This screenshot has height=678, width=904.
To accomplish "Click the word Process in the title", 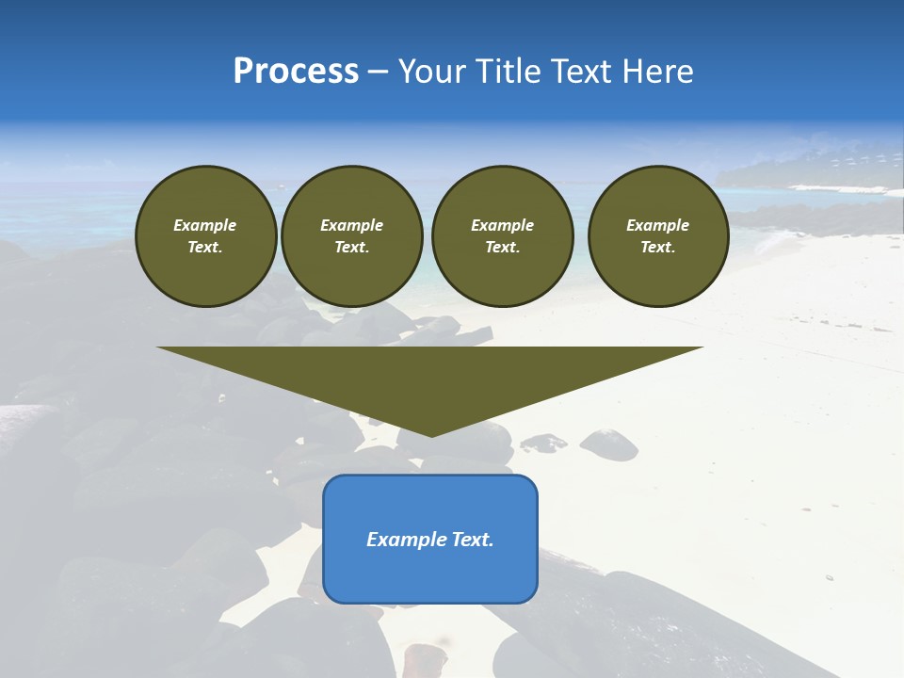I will pyautogui.click(x=296, y=72).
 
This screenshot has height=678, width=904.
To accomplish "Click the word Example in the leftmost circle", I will pyautogui.click(x=205, y=225).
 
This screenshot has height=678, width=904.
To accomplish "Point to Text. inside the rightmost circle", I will pyautogui.click(x=657, y=247).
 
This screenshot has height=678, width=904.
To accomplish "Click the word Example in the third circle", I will pyautogui.click(x=502, y=225).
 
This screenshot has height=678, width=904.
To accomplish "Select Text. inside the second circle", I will pyautogui.click(x=351, y=247).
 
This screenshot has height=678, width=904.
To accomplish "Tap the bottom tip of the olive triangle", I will pyautogui.click(x=430, y=434).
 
